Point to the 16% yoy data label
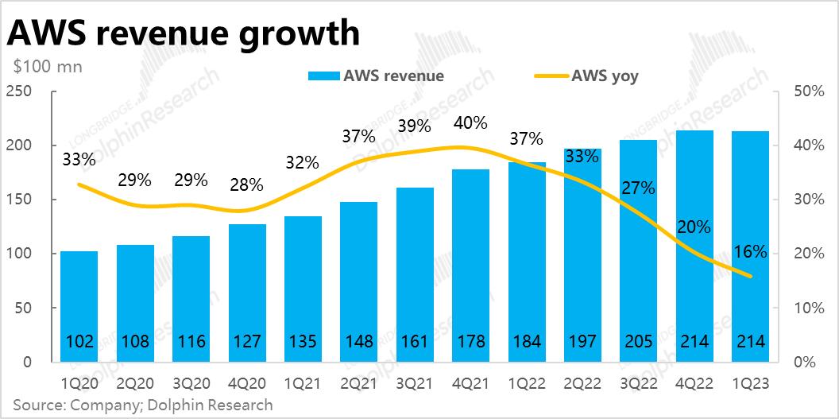[750, 252]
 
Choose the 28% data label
[246, 184]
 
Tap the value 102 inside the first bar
[79, 342]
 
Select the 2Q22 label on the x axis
[580, 383]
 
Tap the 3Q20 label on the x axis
[191, 383]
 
